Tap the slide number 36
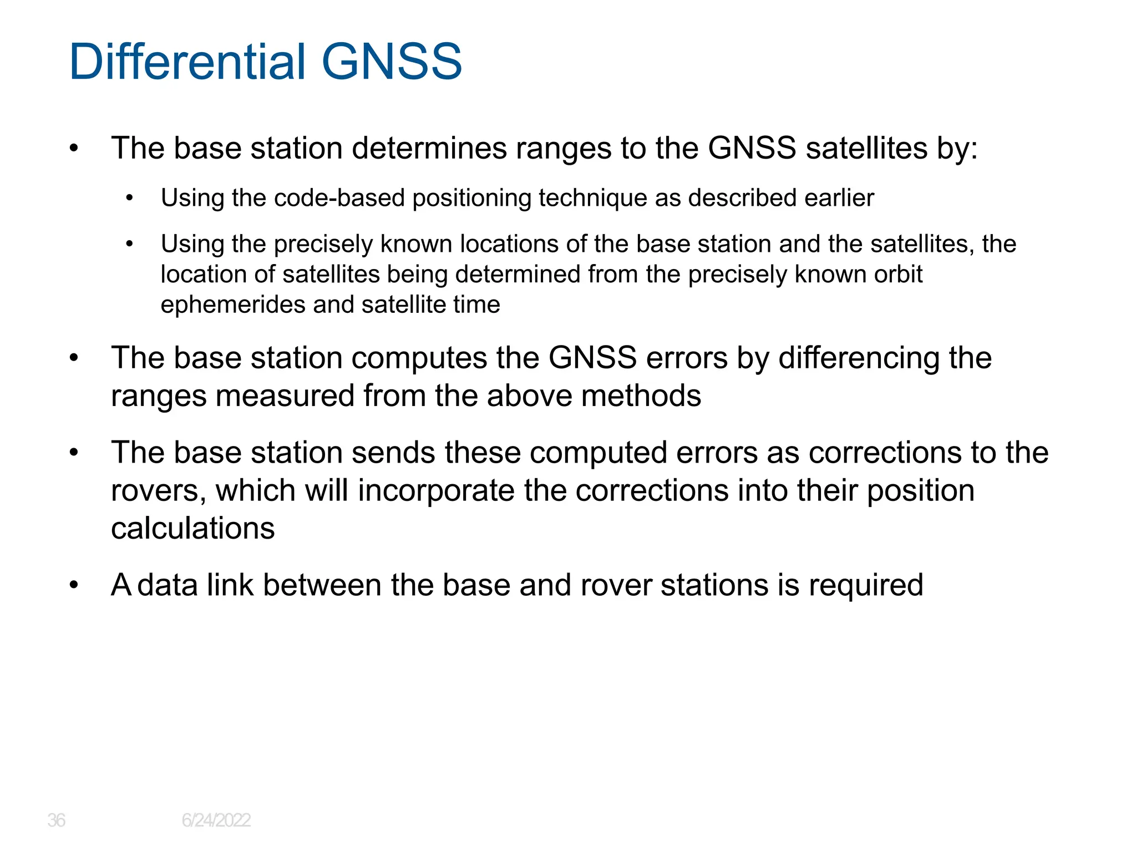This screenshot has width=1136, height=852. [56, 820]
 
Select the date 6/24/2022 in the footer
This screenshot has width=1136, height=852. [216, 820]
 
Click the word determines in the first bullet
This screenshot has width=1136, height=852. [429, 149]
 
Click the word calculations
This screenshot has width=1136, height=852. [192, 528]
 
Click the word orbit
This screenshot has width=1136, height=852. [898, 274]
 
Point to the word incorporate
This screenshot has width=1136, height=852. [436, 491]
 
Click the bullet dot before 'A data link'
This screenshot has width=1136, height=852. [74, 585]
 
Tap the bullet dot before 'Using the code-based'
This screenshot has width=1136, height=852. [129, 198]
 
